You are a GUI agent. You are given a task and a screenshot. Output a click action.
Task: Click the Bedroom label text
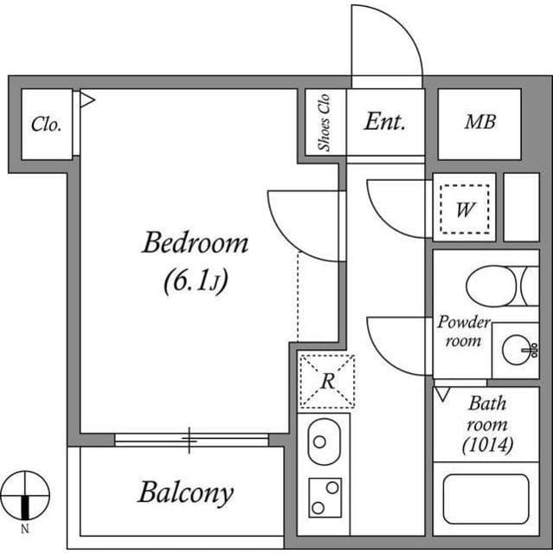click(x=195, y=242)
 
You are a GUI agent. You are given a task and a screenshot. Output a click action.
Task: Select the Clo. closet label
click(x=46, y=125)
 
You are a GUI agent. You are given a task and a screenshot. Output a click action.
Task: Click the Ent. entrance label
click(x=384, y=122)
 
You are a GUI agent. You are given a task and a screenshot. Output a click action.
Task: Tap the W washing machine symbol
click(x=465, y=209)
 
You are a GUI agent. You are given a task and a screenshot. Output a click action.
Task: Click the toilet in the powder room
click(x=499, y=286)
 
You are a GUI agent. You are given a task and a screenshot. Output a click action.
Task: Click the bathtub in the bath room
click(x=485, y=499)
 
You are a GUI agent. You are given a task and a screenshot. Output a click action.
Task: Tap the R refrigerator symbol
click(x=326, y=380)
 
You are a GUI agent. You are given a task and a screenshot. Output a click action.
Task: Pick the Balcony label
click(x=185, y=493)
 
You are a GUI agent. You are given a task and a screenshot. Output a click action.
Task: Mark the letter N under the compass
click(x=25, y=528)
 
